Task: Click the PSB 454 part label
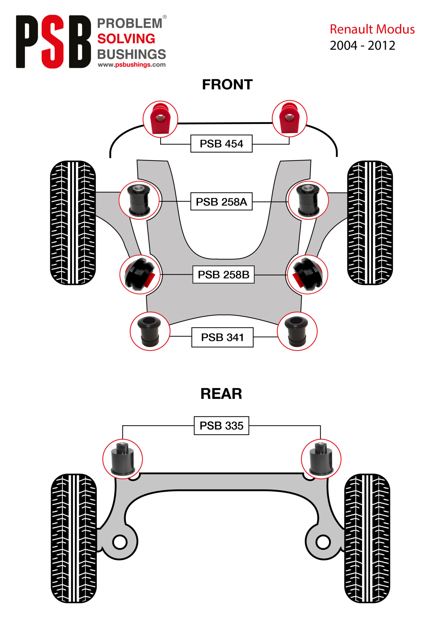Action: pyautogui.click(x=221, y=143)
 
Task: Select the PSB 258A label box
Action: pyautogui.click(x=221, y=201)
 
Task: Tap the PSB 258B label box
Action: pyautogui.click(x=223, y=275)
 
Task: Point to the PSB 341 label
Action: pyautogui.click(x=222, y=337)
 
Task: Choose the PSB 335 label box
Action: pyautogui.click(x=221, y=426)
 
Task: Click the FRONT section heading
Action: pyautogui.click(x=227, y=84)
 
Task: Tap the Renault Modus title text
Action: pyautogui.click(x=372, y=29)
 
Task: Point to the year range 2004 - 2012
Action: pyautogui.click(x=363, y=45)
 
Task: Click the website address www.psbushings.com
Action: pyautogui.click(x=132, y=65)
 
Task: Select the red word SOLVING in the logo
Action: pyautogui.click(x=126, y=39)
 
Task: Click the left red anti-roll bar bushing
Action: pyautogui.click(x=160, y=119)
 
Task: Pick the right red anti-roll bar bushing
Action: pyautogui.click(x=289, y=119)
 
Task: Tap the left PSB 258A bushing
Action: pyautogui.click(x=139, y=200)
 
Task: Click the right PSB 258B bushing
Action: pyautogui.click(x=307, y=274)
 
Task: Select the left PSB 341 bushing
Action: pyautogui.click(x=150, y=331)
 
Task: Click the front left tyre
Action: pyautogui.click(x=73, y=222)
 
